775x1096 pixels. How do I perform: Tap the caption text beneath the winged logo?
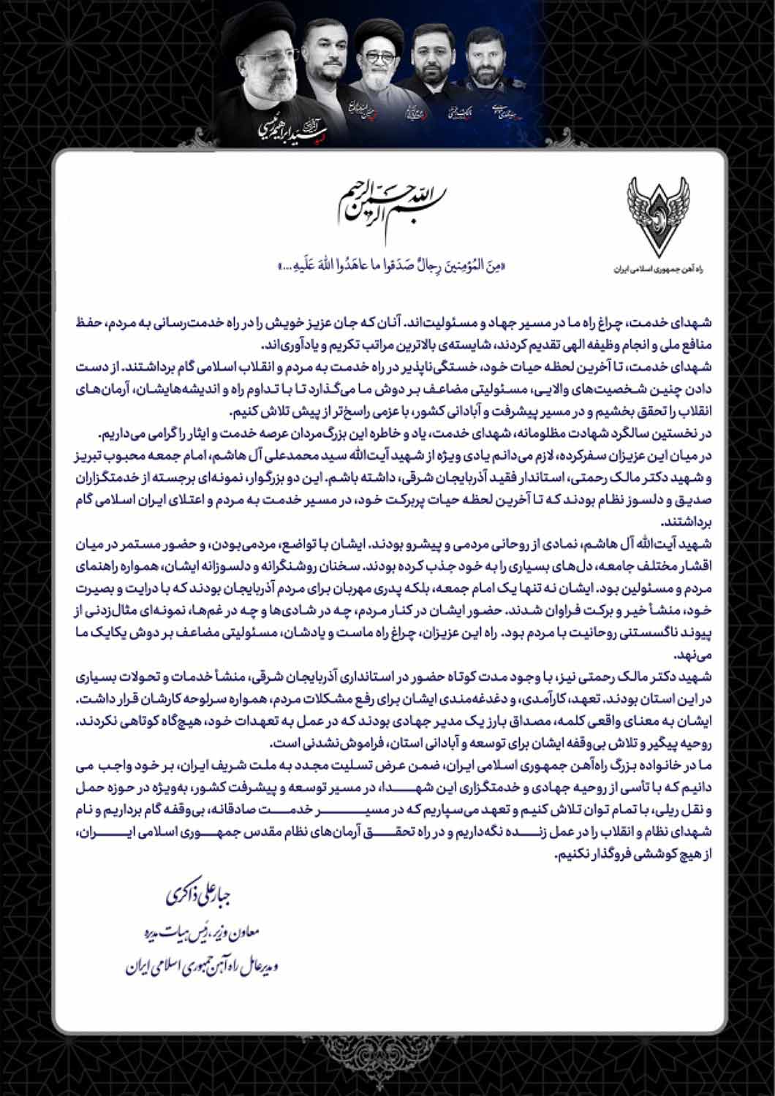[x=659, y=268]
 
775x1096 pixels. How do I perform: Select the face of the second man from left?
[x=322, y=54]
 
